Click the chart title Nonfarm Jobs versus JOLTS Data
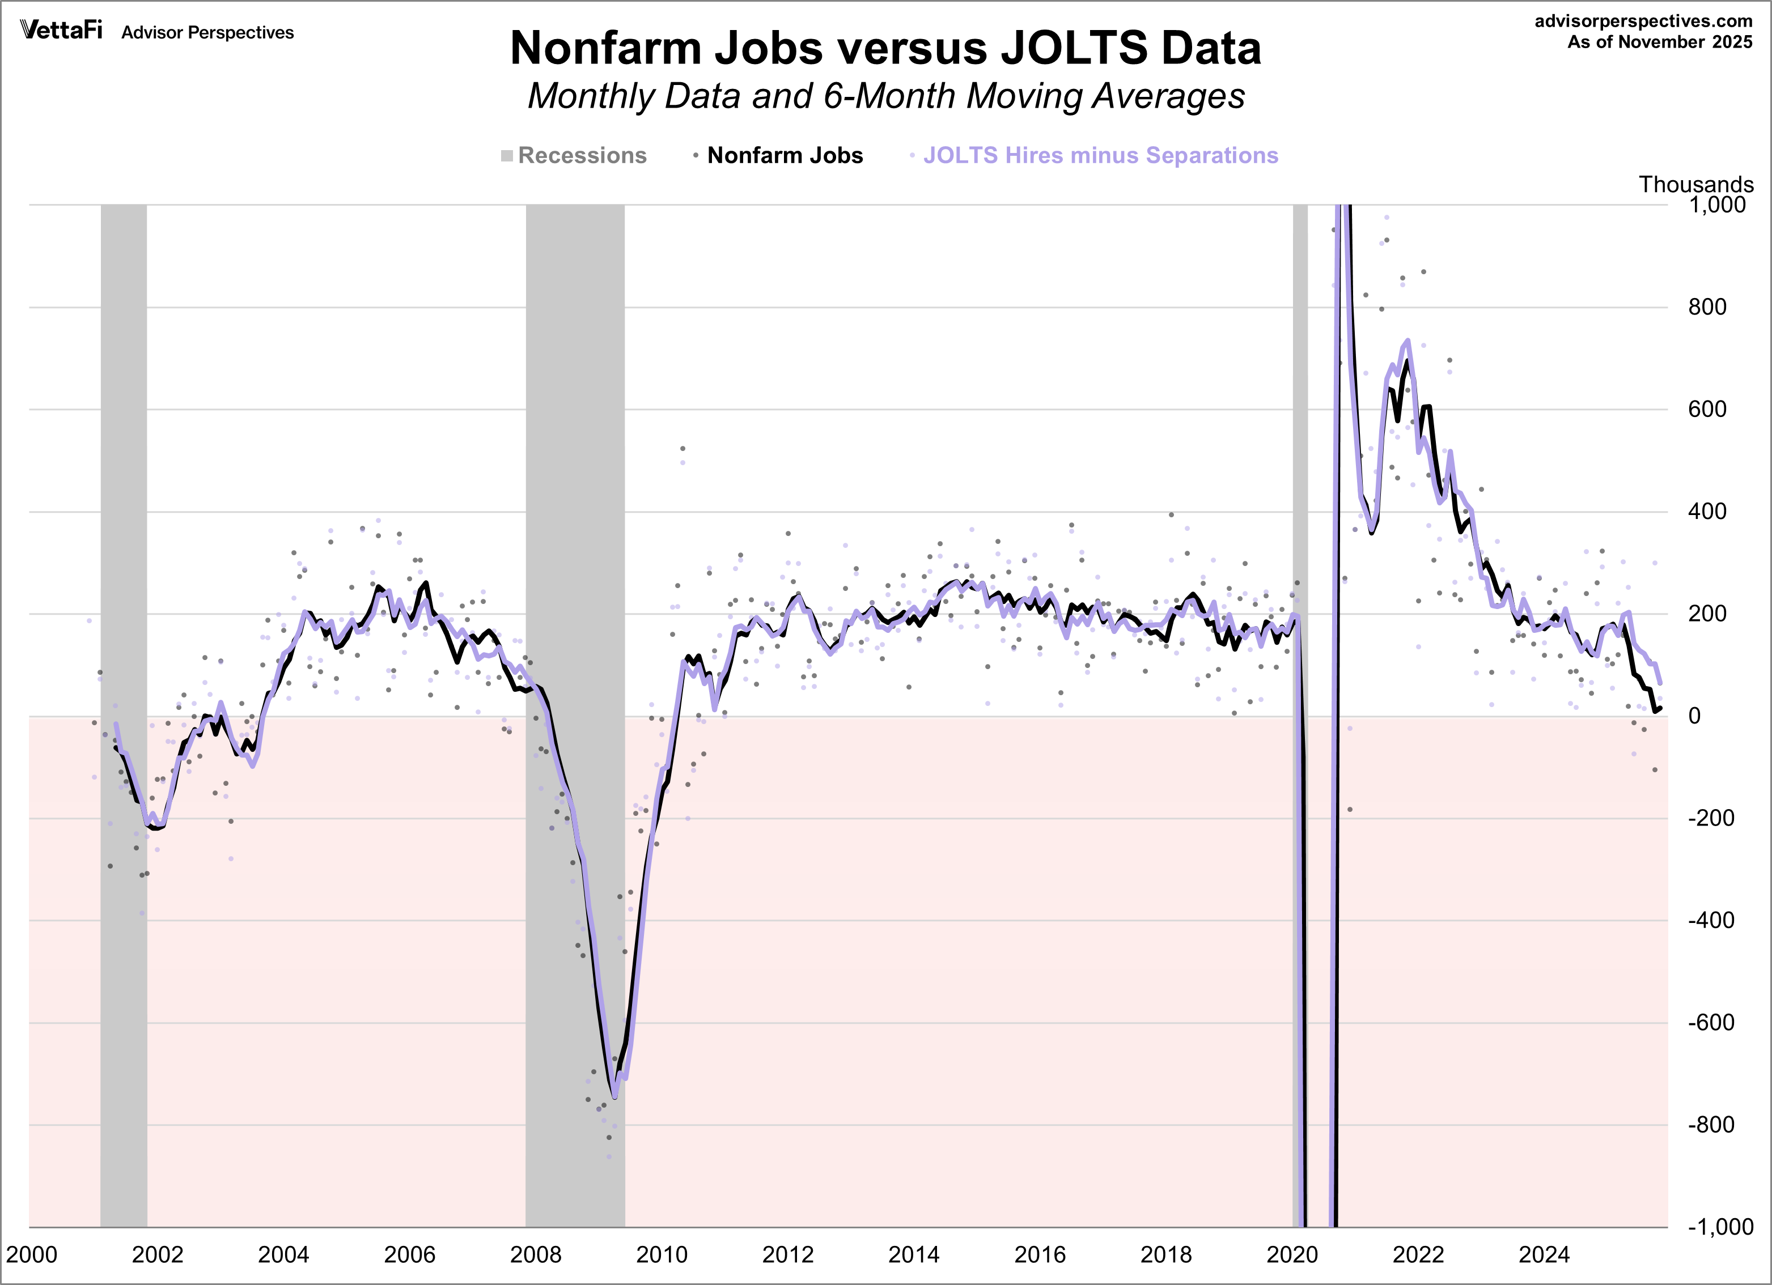885,48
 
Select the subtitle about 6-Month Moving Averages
885,97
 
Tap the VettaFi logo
61,31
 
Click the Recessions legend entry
574,155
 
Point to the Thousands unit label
1695,184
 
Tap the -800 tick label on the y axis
1710,1125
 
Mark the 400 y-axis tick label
1707,512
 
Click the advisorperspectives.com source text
1643,21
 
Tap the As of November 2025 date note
1660,42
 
